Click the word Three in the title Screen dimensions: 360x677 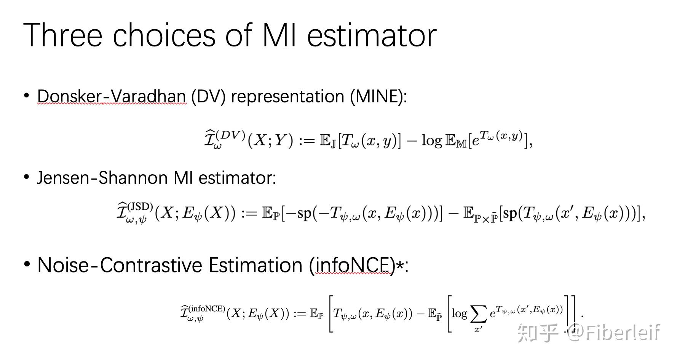coord(63,35)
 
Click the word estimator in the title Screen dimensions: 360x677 coord(371,35)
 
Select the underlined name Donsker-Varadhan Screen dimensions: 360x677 coord(112,96)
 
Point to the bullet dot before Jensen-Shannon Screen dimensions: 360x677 coord(26,177)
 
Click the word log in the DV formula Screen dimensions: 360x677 coord(432,141)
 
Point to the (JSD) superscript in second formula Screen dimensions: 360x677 coord(140,207)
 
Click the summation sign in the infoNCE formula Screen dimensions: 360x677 coord(479,314)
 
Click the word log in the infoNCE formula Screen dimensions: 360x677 coord(459,314)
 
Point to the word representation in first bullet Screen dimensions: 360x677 coord(287,96)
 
